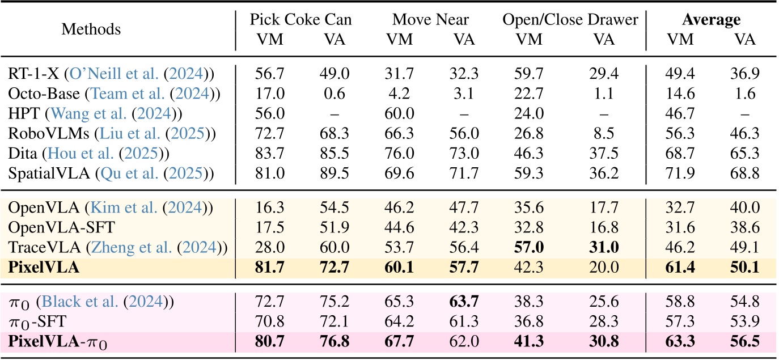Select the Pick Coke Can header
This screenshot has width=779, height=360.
coord(301,20)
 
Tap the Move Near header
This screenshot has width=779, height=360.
coord(431,20)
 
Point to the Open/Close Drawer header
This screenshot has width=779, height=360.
coord(570,20)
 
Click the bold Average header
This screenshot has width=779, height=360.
coord(711,20)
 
